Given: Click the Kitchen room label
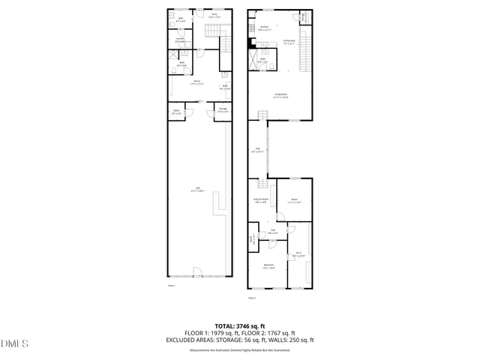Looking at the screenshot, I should (264, 27).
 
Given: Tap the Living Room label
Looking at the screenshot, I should (281, 94).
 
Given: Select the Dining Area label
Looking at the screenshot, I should (289, 42).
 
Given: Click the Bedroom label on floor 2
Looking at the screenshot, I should (268, 265).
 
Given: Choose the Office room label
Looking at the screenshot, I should (176, 112).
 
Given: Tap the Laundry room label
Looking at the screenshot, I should (181, 38).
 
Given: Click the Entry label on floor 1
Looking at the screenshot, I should (214, 15).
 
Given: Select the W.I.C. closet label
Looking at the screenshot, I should (298, 253).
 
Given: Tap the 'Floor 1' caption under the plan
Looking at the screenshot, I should (171, 286).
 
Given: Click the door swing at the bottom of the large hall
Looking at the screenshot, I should (196, 271).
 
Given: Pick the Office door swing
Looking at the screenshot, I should (189, 113).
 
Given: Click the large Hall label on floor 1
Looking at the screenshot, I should (197, 188).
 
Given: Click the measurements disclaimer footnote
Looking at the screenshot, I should (239, 350).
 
